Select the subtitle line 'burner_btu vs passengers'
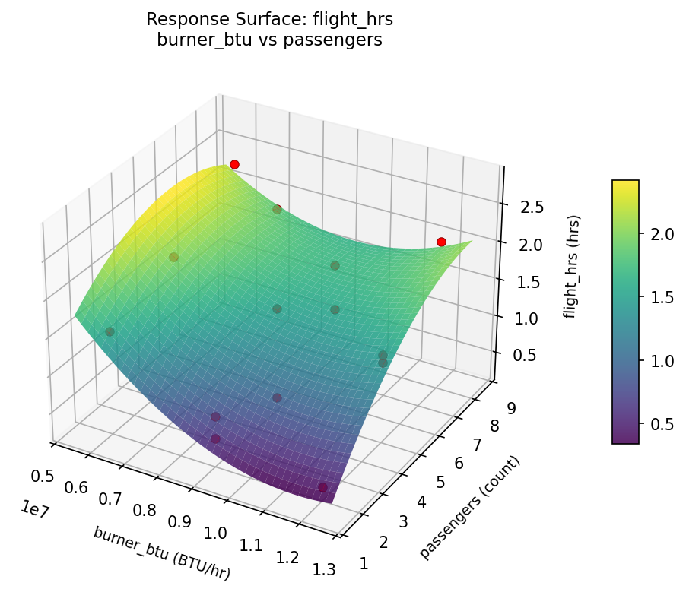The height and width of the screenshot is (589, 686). (x=269, y=40)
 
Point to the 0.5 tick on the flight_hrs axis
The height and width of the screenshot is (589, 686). (x=523, y=355)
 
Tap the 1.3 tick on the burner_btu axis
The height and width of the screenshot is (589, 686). (x=323, y=569)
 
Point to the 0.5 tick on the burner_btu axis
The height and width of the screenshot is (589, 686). (x=43, y=476)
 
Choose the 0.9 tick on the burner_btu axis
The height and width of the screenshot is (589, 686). (x=181, y=522)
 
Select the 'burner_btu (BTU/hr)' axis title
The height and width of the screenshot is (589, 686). (x=161, y=553)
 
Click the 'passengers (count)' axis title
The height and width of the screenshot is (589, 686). (x=469, y=508)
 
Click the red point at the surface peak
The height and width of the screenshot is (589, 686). (x=234, y=164)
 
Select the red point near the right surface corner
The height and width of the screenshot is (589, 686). (x=441, y=242)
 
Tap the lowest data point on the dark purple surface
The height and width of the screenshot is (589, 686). (x=322, y=487)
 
